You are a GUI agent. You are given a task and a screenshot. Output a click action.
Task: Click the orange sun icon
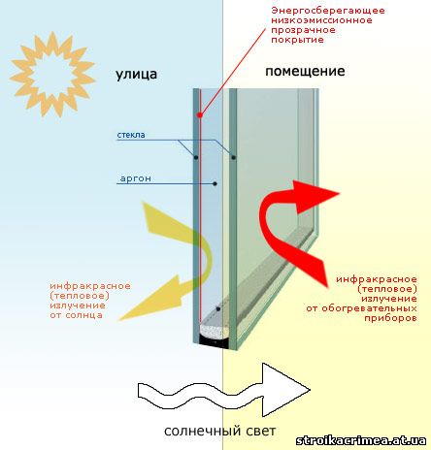point(52,74)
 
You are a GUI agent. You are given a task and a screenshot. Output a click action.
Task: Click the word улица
point(137,75)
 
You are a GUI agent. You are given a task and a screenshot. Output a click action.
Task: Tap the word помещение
point(305,71)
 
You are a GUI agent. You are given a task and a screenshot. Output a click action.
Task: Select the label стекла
point(131,135)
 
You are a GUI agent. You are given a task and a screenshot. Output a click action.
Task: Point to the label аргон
point(136,178)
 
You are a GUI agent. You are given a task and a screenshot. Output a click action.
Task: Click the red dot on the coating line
point(200,114)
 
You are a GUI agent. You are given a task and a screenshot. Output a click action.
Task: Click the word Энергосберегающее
point(328,11)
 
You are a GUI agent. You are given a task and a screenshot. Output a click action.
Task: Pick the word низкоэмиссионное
point(321,20)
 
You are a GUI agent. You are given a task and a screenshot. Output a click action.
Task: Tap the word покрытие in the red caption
point(297,40)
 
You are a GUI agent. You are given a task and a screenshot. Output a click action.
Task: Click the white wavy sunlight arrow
point(223,391)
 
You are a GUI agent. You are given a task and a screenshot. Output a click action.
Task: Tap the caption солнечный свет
point(220,431)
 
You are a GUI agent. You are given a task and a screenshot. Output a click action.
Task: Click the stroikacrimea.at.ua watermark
point(361,440)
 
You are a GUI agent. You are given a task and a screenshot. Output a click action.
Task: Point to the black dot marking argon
point(215,184)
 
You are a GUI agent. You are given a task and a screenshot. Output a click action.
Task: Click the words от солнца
point(77,315)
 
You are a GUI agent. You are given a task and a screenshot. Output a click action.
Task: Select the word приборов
point(390,318)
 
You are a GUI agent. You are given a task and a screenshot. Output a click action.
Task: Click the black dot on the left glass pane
point(196,157)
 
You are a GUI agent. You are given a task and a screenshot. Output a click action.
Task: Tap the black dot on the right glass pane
point(234,157)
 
